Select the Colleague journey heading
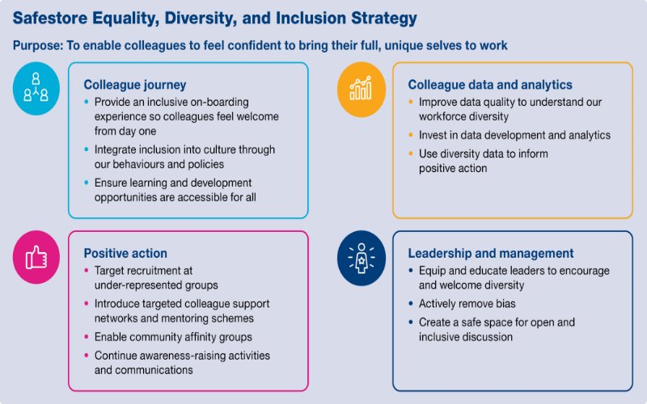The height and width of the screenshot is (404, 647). tap(135, 84)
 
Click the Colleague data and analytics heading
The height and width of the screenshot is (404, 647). tap(490, 84)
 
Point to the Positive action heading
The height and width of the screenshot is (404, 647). tap(125, 253)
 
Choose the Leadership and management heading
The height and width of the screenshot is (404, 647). tap(491, 253)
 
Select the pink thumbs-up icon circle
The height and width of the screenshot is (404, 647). tap(36, 257)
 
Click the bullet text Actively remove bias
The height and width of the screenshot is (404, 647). tap(467, 304)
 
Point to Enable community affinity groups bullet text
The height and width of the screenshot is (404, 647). tap(173, 336)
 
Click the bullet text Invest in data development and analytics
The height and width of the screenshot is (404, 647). tap(514, 135)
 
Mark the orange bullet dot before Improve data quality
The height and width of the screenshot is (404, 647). tap(411, 103)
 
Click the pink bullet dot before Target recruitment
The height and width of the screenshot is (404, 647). tap(87, 271)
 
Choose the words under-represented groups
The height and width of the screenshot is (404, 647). tap(156, 284)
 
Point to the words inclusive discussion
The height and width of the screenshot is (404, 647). tap(465, 336)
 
